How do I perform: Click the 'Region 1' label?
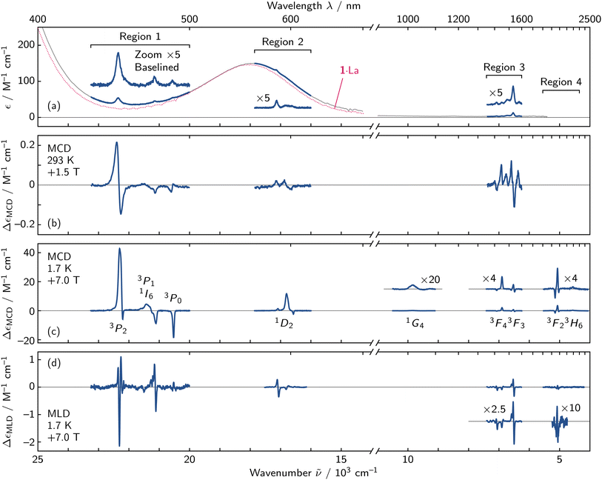140,36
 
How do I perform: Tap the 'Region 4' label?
561,81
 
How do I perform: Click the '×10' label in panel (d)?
571,408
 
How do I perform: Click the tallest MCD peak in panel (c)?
120,249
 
